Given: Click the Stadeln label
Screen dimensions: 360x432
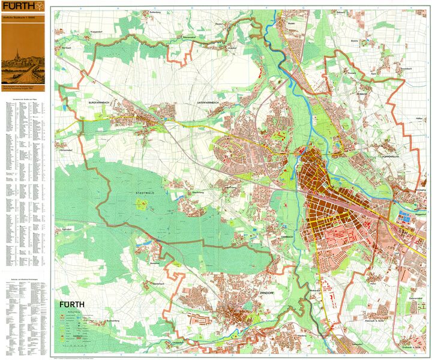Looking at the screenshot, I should (292, 24).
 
